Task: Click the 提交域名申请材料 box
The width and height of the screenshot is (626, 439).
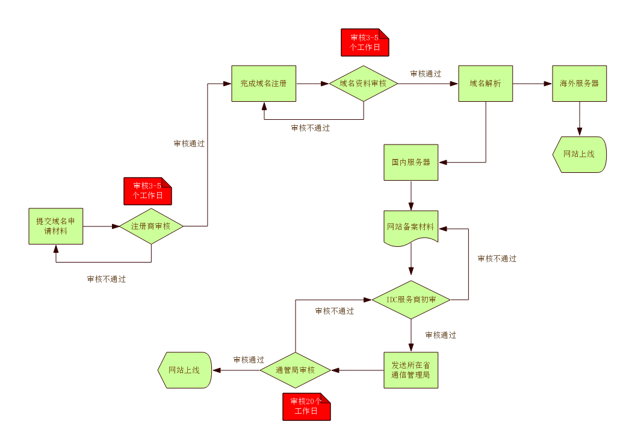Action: pos(56,226)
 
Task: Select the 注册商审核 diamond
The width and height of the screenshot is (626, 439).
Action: pos(151,226)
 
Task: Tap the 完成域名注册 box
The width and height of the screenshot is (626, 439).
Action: pos(264,84)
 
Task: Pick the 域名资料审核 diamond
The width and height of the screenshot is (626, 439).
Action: pos(363,84)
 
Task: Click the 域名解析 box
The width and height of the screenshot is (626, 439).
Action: pos(485,84)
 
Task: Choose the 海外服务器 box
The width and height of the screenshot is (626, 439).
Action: pos(579,84)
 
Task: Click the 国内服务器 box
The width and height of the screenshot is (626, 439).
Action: pos(411,163)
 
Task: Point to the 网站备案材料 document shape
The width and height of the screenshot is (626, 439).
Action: pos(411,228)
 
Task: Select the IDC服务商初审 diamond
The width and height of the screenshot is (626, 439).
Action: pos(411,300)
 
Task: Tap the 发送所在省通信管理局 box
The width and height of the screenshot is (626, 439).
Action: pos(411,370)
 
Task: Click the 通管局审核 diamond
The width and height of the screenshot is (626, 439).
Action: pos(296,370)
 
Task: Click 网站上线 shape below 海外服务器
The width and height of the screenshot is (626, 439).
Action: pos(579,154)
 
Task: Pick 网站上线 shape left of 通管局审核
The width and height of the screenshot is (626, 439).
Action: pos(184,370)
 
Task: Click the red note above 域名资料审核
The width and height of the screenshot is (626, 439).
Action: pos(365,43)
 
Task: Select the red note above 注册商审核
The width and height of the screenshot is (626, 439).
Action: pos(147,191)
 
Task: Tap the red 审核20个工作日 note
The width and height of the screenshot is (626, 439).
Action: pos(306,406)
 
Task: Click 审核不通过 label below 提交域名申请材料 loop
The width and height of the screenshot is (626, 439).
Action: pos(107,279)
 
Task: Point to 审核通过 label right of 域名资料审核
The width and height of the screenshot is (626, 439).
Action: pos(426,74)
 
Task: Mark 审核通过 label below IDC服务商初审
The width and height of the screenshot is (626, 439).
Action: pos(441,335)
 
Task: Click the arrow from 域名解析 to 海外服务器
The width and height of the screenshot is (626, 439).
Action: pos(532,84)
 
